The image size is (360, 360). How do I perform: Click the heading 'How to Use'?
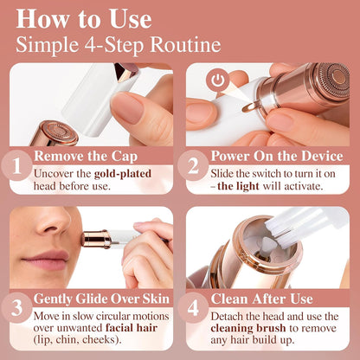click(83, 18)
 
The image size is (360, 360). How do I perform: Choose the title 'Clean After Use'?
click(264, 299)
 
